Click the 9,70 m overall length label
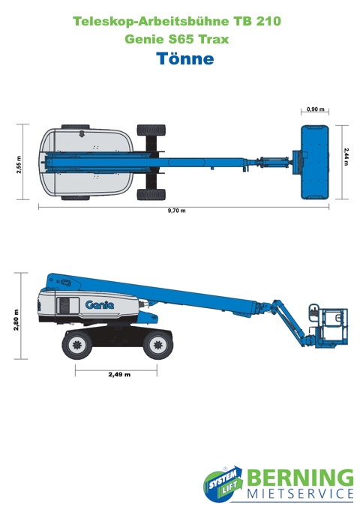pyautogui.click(x=177, y=211)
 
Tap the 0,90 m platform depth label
pyautogui.click(x=316, y=109)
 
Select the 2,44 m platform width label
pyautogui.click(x=346, y=157)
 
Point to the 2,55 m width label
pyautogui.click(x=19, y=165)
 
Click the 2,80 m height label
pyautogui.click(x=16, y=320)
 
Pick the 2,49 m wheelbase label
pyautogui.click(x=119, y=374)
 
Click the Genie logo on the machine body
pyautogui.click(x=100, y=304)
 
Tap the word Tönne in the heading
pyautogui.click(x=185, y=58)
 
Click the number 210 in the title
pyautogui.click(x=268, y=21)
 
